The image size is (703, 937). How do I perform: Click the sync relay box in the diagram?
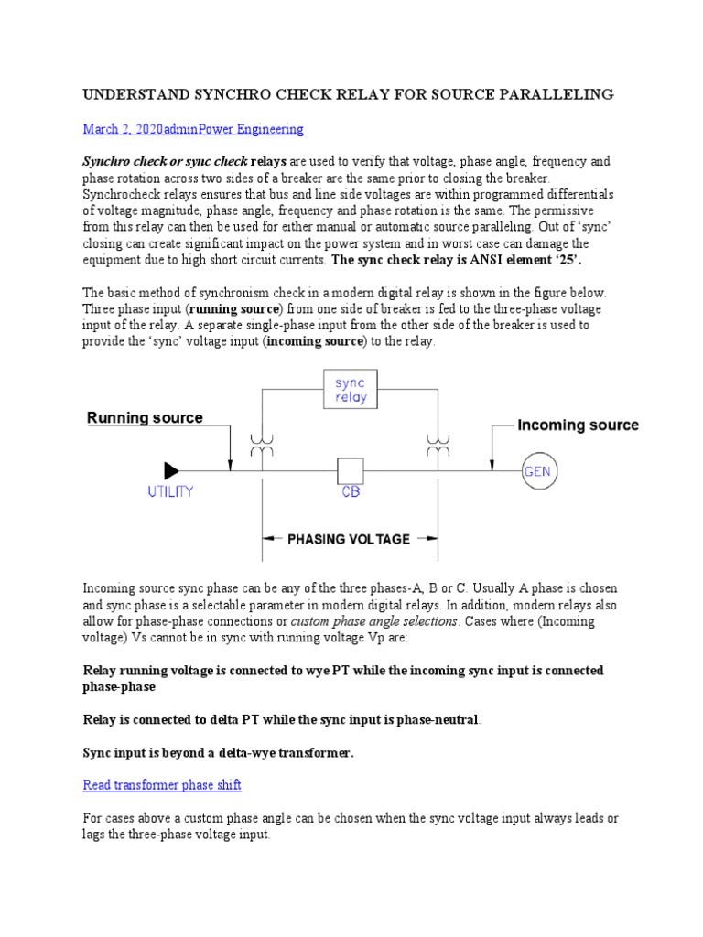click(351, 390)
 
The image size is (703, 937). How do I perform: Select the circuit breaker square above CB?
click(351, 471)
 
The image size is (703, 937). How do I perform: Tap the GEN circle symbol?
click(538, 471)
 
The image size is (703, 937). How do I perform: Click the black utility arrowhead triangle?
click(171, 471)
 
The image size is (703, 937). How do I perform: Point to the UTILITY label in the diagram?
click(171, 492)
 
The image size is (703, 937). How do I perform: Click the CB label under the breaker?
click(351, 492)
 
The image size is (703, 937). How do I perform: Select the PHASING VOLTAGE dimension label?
click(349, 539)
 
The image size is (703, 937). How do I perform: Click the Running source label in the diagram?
click(145, 418)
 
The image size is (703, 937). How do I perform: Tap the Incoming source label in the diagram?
click(578, 425)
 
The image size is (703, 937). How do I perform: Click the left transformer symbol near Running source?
click(262, 447)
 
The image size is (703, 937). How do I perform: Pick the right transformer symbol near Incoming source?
click(438, 447)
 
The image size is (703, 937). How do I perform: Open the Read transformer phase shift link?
click(162, 785)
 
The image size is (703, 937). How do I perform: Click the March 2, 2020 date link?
click(135, 129)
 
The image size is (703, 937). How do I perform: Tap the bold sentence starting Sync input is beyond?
click(218, 753)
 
